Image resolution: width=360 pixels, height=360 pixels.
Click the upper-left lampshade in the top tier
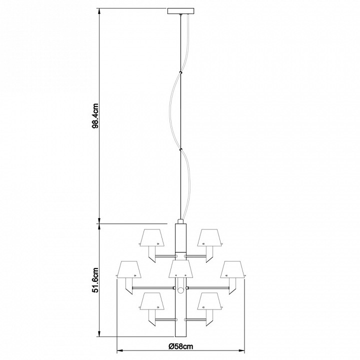point(151,238)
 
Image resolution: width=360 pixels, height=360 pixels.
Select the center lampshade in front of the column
point(180,269)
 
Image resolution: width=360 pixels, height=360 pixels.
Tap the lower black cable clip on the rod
point(180,148)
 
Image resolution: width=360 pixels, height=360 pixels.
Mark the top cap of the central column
point(180,220)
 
